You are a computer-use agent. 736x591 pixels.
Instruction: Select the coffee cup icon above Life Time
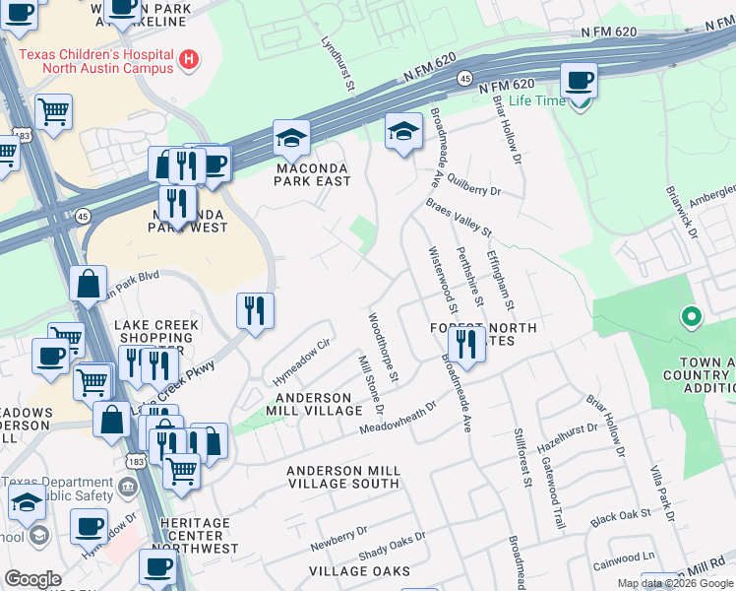point(579,80)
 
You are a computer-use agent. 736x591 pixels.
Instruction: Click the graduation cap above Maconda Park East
point(291,138)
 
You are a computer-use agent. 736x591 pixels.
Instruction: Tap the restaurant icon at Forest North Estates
point(466,345)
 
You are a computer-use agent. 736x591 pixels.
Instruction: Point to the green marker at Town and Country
point(691,317)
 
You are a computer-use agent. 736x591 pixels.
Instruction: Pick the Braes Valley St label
point(459,216)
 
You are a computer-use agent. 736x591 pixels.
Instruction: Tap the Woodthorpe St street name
point(383,348)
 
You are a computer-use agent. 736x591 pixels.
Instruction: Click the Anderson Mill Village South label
point(342,478)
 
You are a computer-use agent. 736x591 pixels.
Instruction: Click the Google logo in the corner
point(32,579)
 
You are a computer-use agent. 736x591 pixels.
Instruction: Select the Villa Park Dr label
point(661,492)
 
